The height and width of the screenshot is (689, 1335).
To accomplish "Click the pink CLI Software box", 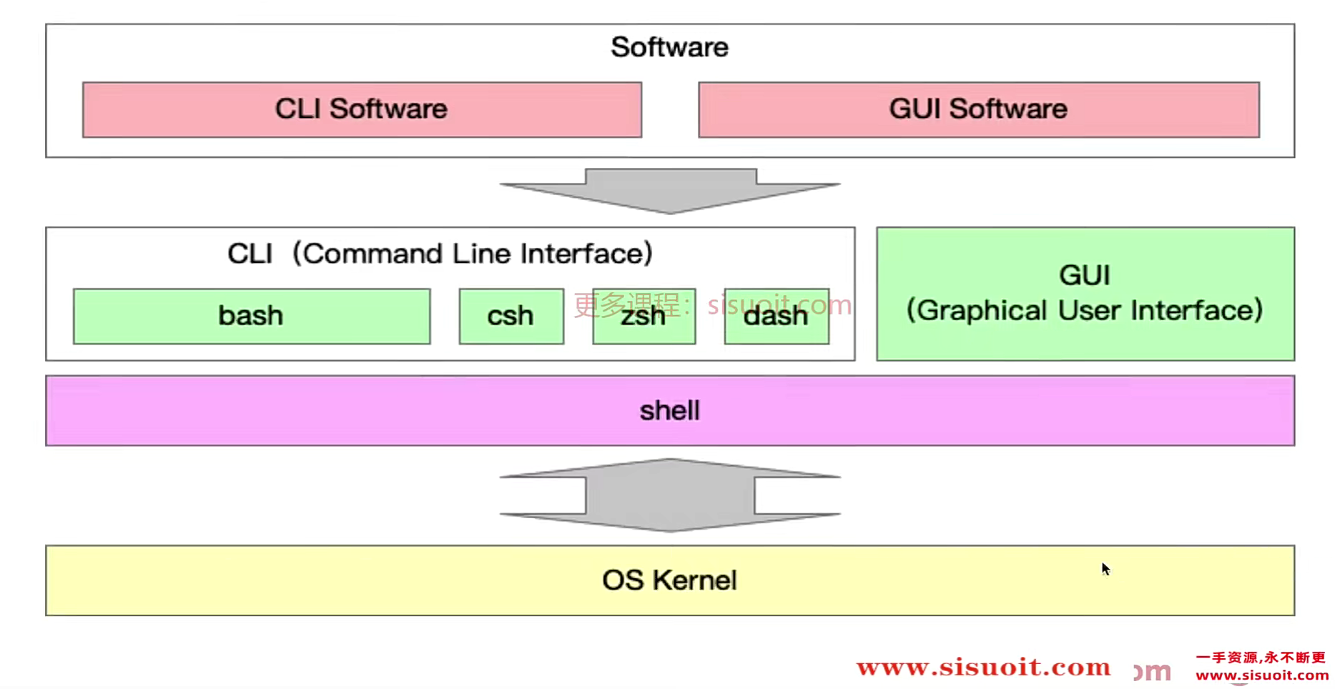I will [362, 109].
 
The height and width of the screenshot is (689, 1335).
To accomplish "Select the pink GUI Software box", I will [978, 109].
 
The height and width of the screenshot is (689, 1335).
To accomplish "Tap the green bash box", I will [251, 316].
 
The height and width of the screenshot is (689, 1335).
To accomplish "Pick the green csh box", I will [511, 316].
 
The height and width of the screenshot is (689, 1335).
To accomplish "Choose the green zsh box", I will [644, 316].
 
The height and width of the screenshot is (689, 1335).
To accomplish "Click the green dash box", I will [776, 316].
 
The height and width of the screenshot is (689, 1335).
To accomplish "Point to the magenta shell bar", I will [669, 411].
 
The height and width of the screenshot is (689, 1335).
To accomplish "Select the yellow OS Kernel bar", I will [669, 580].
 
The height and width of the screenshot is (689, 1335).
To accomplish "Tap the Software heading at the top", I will [669, 47].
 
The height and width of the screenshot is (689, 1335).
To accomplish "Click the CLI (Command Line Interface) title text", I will [440, 254].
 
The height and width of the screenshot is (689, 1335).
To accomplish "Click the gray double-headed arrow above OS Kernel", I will [669, 495].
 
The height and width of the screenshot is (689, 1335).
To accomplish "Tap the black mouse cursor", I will [1105, 569].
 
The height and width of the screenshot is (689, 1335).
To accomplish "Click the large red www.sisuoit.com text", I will [983, 668].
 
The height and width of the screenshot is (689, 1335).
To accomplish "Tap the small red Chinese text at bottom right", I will [1261, 657].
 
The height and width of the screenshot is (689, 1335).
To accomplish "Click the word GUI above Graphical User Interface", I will [1085, 275].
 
